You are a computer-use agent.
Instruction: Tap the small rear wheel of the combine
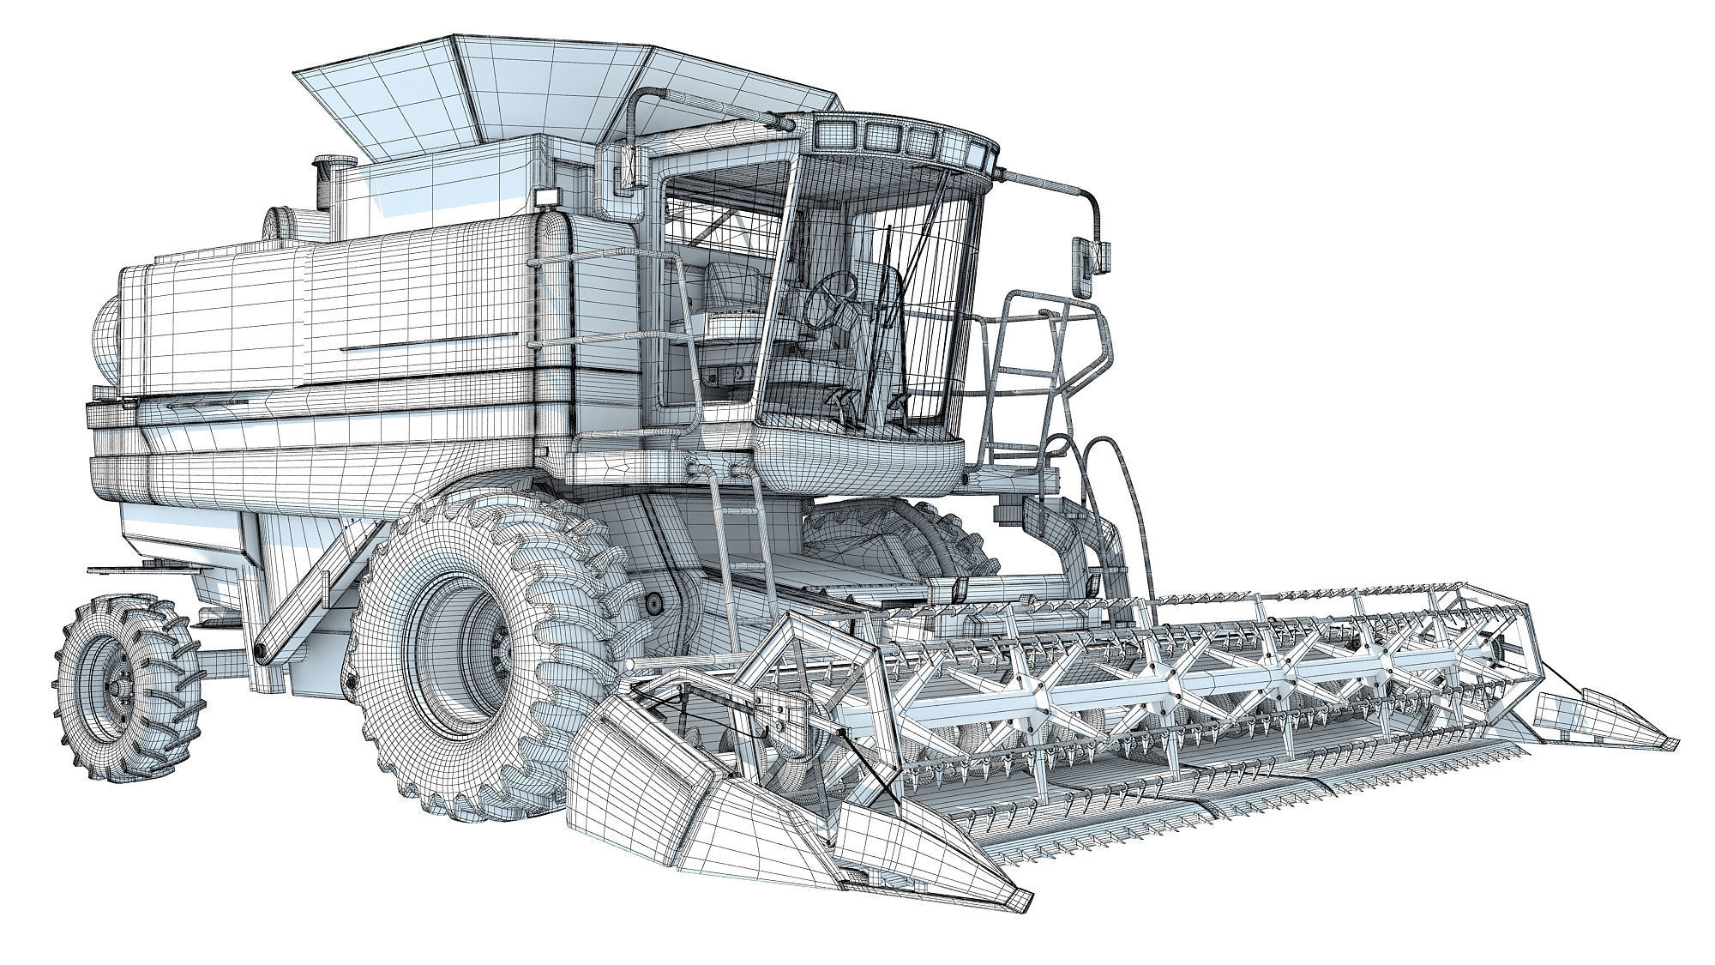point(129,686)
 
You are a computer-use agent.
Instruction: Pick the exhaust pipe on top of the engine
point(327,180)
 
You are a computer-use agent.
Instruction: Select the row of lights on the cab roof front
point(900,142)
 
